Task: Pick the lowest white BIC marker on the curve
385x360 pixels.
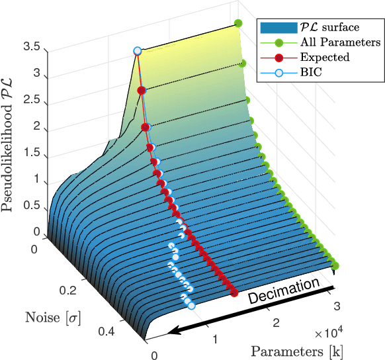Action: pyautogui.click(x=191, y=305)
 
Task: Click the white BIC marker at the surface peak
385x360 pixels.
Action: pyautogui.click(x=138, y=51)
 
